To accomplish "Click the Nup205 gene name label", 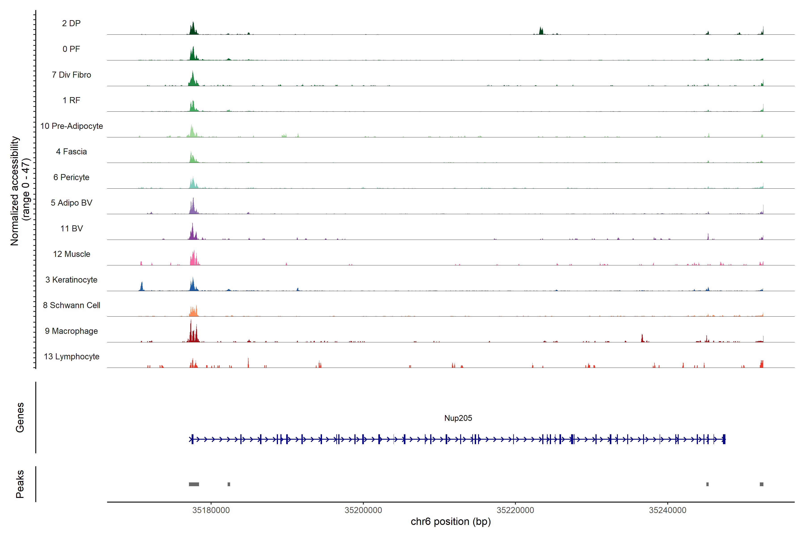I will (x=458, y=418).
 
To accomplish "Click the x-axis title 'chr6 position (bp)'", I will (x=450, y=522).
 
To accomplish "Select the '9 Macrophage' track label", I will (x=71, y=331).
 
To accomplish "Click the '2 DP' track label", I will (x=71, y=23).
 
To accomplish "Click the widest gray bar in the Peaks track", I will (x=194, y=484).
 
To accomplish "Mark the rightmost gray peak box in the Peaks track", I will (x=762, y=484).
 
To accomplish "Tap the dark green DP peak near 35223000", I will (x=541, y=31).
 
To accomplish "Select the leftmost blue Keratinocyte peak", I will (x=142, y=287).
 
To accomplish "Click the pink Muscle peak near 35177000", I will (x=194, y=259).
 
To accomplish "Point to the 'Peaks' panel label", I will (x=20, y=484).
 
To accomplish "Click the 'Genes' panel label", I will (x=20, y=418).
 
